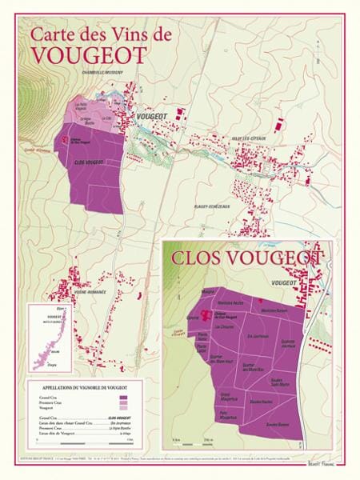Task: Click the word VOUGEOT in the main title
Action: coord(89,55)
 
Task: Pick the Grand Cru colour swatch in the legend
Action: coord(124,397)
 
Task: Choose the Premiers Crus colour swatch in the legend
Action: coord(124,402)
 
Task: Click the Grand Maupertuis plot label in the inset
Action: coord(227,395)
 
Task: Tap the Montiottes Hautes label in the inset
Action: coord(230,302)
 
